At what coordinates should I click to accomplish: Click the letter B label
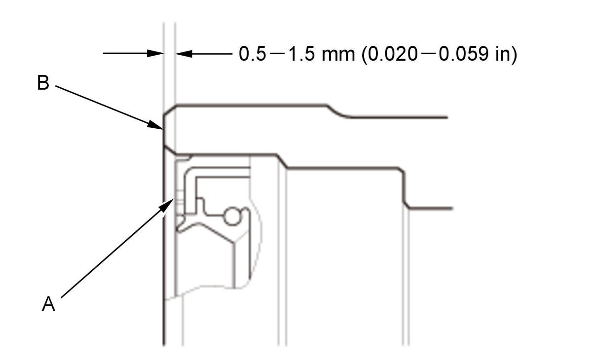pos(43,83)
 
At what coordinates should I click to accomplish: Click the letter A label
pos(49,303)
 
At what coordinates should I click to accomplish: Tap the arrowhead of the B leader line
pos(156,125)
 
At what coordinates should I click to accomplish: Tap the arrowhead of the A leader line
pos(167,205)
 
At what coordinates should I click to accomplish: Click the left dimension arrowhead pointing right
pos(155,53)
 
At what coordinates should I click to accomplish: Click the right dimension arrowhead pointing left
pos(184,54)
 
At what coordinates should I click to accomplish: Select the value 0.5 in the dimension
pos(253,54)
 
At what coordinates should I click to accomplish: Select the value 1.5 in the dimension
pos(301,54)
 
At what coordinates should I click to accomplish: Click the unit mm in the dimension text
pos(338,56)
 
